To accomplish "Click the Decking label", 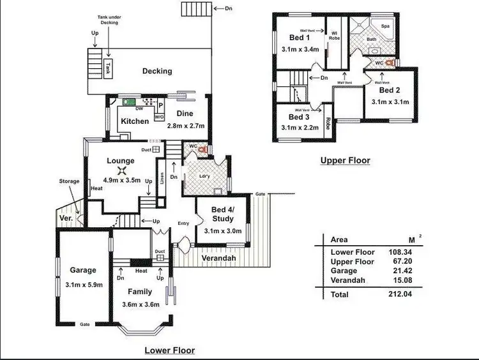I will (x=157, y=71).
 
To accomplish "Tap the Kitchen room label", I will (x=135, y=121).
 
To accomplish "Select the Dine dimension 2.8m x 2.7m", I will (x=185, y=126).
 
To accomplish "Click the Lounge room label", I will (x=120, y=161).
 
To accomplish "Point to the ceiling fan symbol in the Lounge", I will (x=121, y=170).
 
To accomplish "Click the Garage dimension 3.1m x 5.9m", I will (x=83, y=285).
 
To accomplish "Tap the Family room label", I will (x=139, y=292).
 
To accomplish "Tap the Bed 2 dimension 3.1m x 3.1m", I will (x=390, y=101).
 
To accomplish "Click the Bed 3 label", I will (x=299, y=117).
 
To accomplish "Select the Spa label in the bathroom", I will (x=386, y=26).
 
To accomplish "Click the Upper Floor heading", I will (x=345, y=161).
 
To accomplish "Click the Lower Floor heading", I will (x=169, y=350).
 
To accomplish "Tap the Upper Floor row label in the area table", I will (x=353, y=262).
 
